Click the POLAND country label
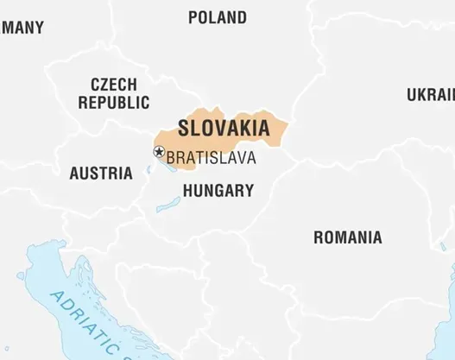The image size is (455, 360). [x=217, y=17]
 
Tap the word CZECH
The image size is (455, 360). [x=113, y=85]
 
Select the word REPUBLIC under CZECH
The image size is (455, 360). [x=113, y=102]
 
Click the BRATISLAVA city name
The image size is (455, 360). [x=211, y=158]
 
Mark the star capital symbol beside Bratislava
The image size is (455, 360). [x=159, y=152]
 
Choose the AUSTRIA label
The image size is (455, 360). [x=101, y=173]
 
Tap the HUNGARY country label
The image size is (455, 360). [x=218, y=191]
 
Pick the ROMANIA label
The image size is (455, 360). [x=347, y=237]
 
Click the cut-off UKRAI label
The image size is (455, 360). [x=431, y=94]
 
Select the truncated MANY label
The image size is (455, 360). [x=22, y=28]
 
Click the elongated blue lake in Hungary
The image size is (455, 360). [x=168, y=205]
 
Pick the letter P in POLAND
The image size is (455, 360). [x=193, y=17]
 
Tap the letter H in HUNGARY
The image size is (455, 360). [x=188, y=191]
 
